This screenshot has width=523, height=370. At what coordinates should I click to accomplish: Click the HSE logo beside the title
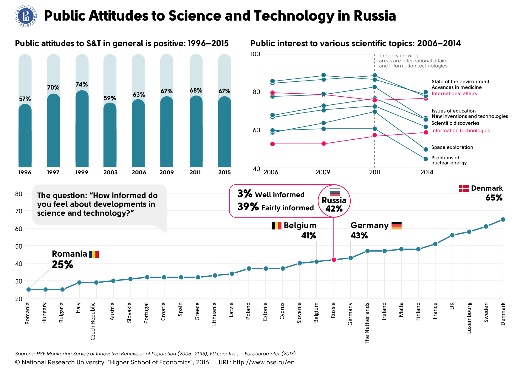tap(26, 16)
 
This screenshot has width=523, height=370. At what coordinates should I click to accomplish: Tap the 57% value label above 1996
tap(25, 99)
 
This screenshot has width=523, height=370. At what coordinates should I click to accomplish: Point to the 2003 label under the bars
tap(110, 172)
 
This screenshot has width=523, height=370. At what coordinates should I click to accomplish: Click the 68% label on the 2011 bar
tap(196, 90)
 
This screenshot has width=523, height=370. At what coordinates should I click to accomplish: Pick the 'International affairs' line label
tap(454, 94)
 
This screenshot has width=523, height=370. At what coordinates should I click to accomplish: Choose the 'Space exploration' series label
tap(452, 147)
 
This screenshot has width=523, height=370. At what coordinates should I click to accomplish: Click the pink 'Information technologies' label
tap(460, 131)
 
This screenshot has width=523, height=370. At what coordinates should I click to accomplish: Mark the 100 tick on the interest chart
tap(256, 54)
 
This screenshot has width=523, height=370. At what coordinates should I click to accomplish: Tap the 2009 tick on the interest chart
tap(323, 172)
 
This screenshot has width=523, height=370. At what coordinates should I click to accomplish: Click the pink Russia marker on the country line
tap(334, 260)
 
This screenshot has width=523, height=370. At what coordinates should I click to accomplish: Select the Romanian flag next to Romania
tap(94, 254)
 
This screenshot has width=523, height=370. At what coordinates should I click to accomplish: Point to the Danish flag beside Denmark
tap(464, 188)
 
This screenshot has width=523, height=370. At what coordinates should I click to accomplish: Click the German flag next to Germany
tap(397, 226)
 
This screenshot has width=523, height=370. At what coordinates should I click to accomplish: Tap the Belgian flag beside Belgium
tap(276, 226)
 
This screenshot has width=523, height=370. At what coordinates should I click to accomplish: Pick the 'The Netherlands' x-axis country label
tap(367, 323)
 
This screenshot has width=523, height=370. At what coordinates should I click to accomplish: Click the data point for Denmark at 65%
tap(503, 219)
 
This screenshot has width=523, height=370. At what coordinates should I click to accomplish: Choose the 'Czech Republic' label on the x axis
tap(93, 321)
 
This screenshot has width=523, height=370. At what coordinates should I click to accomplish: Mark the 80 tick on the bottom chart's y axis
tap(19, 194)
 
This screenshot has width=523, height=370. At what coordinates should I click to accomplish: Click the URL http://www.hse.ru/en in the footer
tap(256, 362)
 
